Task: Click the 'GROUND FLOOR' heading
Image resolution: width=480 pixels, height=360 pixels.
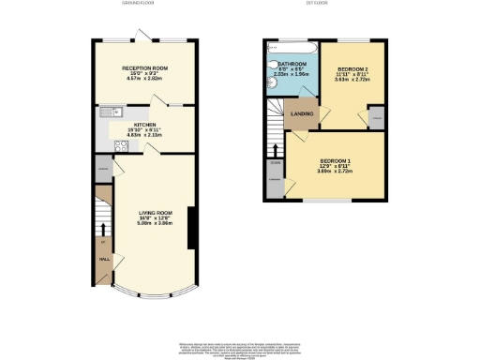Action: click(x=138, y=4)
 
